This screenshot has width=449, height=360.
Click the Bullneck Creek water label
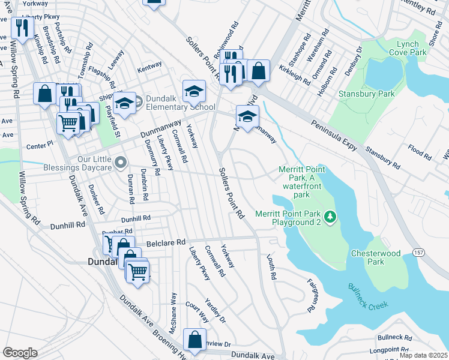click(367, 296)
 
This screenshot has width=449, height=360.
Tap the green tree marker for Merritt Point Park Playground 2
click(330, 217)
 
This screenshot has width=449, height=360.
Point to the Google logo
click(20, 352)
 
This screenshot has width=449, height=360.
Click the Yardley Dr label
click(215, 310)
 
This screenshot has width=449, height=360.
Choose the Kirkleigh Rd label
click(294, 76)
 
